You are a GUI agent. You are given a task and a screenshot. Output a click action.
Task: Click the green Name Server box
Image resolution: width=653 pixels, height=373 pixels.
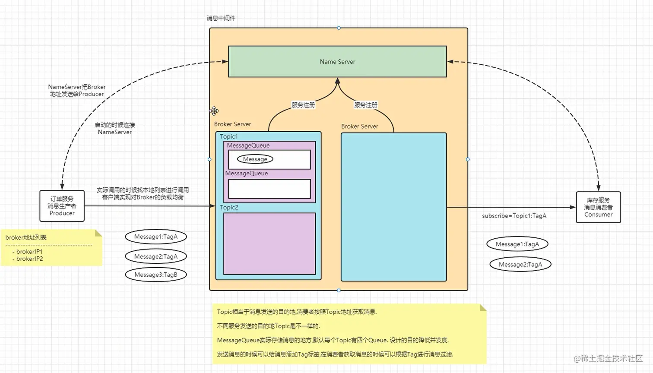(337, 62)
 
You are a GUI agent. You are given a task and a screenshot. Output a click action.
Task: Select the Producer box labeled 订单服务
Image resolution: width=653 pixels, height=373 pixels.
(62, 206)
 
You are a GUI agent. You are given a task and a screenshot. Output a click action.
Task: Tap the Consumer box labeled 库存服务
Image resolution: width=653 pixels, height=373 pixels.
(598, 207)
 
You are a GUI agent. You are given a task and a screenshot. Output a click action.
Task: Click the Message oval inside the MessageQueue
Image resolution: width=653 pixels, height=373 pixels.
(255, 159)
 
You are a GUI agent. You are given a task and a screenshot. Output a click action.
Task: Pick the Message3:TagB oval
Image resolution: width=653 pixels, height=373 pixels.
(155, 275)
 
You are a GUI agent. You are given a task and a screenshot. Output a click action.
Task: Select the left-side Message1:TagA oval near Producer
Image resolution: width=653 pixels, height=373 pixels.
(155, 237)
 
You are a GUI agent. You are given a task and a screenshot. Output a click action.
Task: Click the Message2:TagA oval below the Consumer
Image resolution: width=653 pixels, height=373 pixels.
(520, 264)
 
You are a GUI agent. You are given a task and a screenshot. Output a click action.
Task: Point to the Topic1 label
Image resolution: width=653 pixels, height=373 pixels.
(228, 136)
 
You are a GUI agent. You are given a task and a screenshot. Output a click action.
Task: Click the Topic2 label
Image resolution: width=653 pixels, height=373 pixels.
(229, 207)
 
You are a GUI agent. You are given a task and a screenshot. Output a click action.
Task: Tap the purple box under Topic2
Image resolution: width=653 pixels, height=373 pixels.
(269, 243)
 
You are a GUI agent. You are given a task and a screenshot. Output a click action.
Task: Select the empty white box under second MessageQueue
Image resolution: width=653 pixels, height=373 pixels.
(269, 189)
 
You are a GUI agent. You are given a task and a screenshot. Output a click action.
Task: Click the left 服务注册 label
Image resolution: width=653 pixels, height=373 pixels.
(303, 105)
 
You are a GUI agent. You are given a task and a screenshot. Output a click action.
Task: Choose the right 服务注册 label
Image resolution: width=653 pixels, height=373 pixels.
(365, 105)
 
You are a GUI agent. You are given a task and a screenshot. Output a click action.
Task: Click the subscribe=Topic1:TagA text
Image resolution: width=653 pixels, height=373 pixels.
(514, 216)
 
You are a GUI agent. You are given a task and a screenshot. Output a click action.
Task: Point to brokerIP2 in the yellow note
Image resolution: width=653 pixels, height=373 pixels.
(29, 259)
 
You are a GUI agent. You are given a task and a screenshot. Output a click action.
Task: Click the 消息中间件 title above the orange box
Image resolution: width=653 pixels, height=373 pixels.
(221, 18)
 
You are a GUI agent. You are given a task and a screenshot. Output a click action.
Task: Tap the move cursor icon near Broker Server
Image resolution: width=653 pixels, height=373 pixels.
(214, 111)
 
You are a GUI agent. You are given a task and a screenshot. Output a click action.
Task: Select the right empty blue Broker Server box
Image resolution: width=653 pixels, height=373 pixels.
(393, 207)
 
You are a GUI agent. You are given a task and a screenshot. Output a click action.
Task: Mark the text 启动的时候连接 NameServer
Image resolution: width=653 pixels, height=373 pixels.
(114, 129)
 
